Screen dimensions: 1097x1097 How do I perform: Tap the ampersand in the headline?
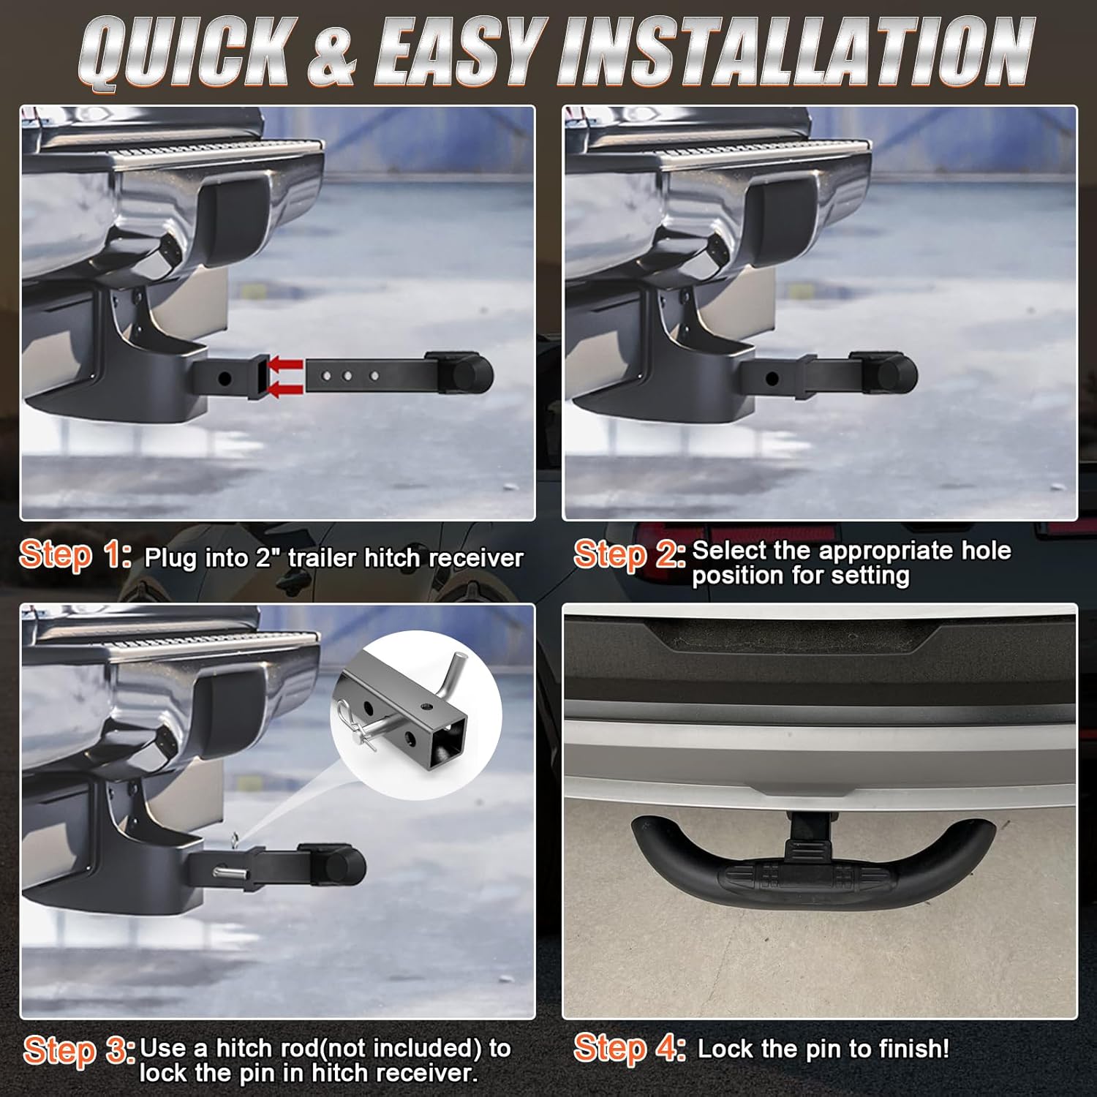coord(331,53)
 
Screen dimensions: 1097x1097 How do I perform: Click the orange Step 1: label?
coord(75,555)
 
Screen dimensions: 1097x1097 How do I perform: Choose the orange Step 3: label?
coord(78,1051)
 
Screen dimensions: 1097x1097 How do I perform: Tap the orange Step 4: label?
coord(629,1047)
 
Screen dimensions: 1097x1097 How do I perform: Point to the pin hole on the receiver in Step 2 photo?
coord(772,379)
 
